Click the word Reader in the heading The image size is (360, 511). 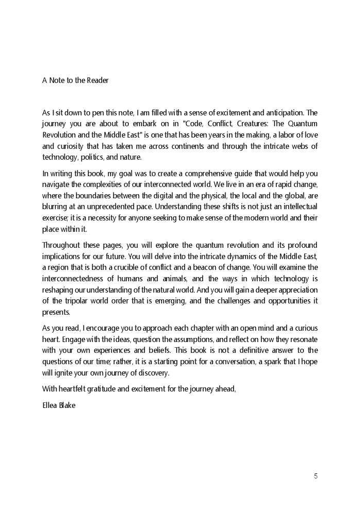98,80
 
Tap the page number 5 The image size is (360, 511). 316,476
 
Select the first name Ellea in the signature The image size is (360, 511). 50,405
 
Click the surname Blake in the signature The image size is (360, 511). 68,405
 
